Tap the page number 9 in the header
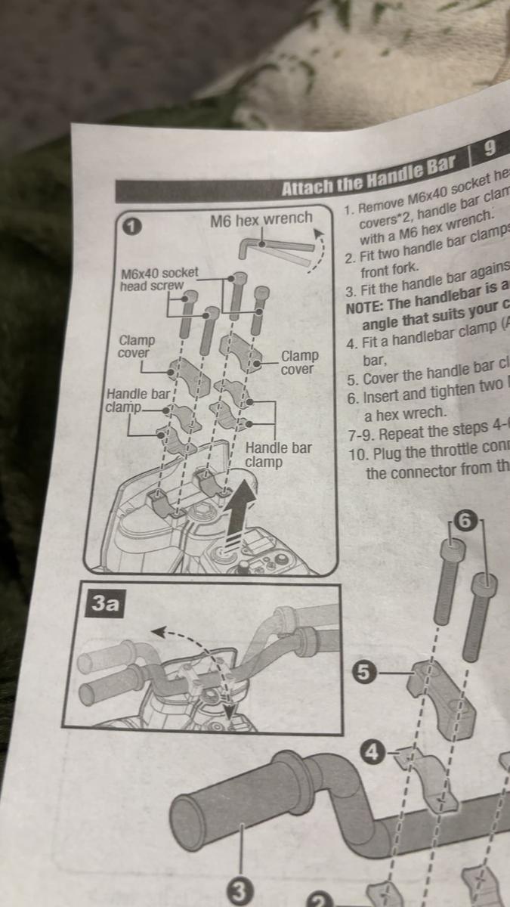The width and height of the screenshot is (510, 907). pyautogui.click(x=489, y=149)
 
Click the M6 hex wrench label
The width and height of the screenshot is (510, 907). pyautogui.click(x=261, y=219)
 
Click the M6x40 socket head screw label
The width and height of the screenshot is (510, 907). pyautogui.click(x=159, y=279)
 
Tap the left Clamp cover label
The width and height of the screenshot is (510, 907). pyautogui.click(x=136, y=347)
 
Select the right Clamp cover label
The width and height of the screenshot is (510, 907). pyautogui.click(x=299, y=362)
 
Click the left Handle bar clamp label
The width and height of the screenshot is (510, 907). pyautogui.click(x=138, y=401)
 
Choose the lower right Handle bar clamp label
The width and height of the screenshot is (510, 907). pyautogui.click(x=278, y=455)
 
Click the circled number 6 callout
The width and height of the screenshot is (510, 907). pyautogui.click(x=465, y=521)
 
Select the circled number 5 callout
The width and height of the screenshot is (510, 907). pyautogui.click(x=364, y=671)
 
